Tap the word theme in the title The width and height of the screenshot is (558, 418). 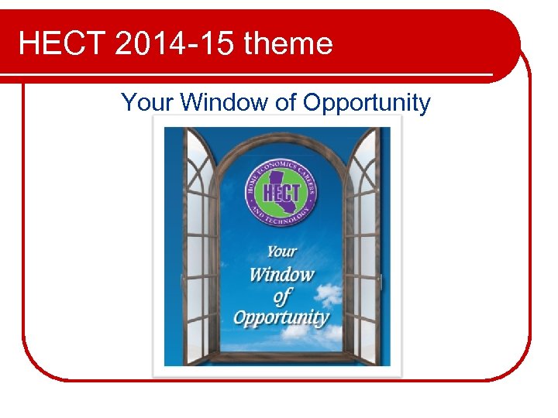288,43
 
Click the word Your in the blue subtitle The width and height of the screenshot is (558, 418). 147,102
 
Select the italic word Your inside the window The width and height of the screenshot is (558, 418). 281,251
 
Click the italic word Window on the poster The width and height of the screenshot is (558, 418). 281,274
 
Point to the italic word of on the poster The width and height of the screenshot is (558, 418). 282,296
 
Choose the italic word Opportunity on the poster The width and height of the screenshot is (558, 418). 281,318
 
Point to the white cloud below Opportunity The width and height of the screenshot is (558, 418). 302,337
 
